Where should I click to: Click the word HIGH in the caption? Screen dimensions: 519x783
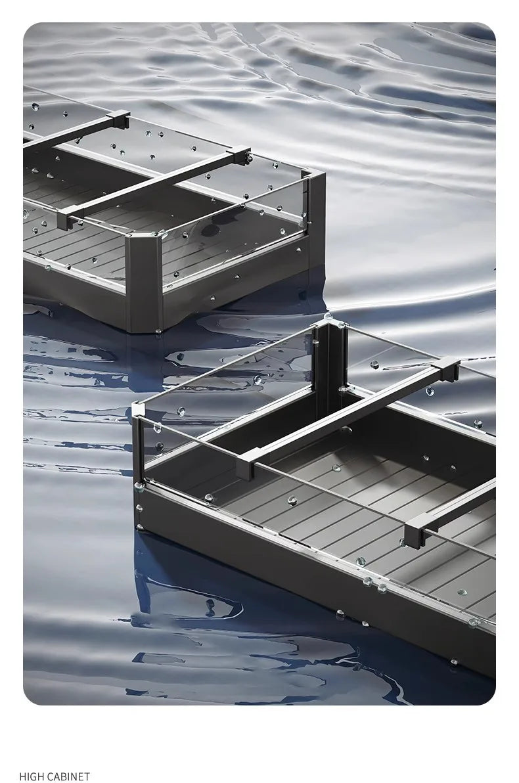coord(32,776)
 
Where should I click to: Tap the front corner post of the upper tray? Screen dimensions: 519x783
coord(144,282)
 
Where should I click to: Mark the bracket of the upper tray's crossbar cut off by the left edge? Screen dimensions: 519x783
coord(118,120)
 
